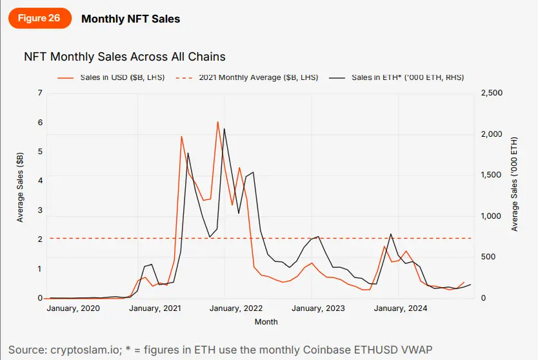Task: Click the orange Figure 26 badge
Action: point(39,18)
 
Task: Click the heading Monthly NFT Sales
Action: point(130,19)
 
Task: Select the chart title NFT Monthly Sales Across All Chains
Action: point(125,57)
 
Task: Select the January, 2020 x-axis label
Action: point(74,308)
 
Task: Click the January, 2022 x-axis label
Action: point(236,308)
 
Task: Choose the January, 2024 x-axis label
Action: point(399,308)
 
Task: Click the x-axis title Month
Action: point(266,321)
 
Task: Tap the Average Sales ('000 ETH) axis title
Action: point(514,185)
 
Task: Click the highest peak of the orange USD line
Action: point(217,122)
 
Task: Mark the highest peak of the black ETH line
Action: point(224,128)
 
